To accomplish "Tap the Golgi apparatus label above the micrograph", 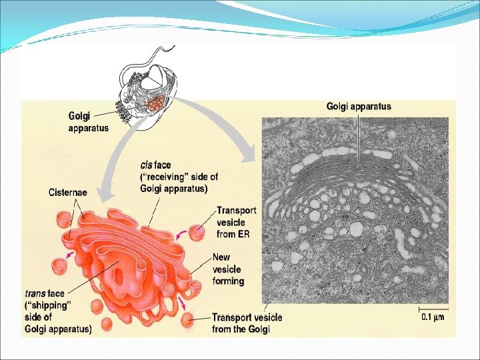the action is tap(358, 106).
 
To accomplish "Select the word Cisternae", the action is tap(67, 193).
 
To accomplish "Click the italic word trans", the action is tap(35, 293).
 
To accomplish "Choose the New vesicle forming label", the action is tap(228, 269).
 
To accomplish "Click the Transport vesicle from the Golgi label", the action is tap(247, 323).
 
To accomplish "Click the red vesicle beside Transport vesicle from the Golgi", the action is tap(188, 319).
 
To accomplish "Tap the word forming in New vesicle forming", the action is tap(229, 281).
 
